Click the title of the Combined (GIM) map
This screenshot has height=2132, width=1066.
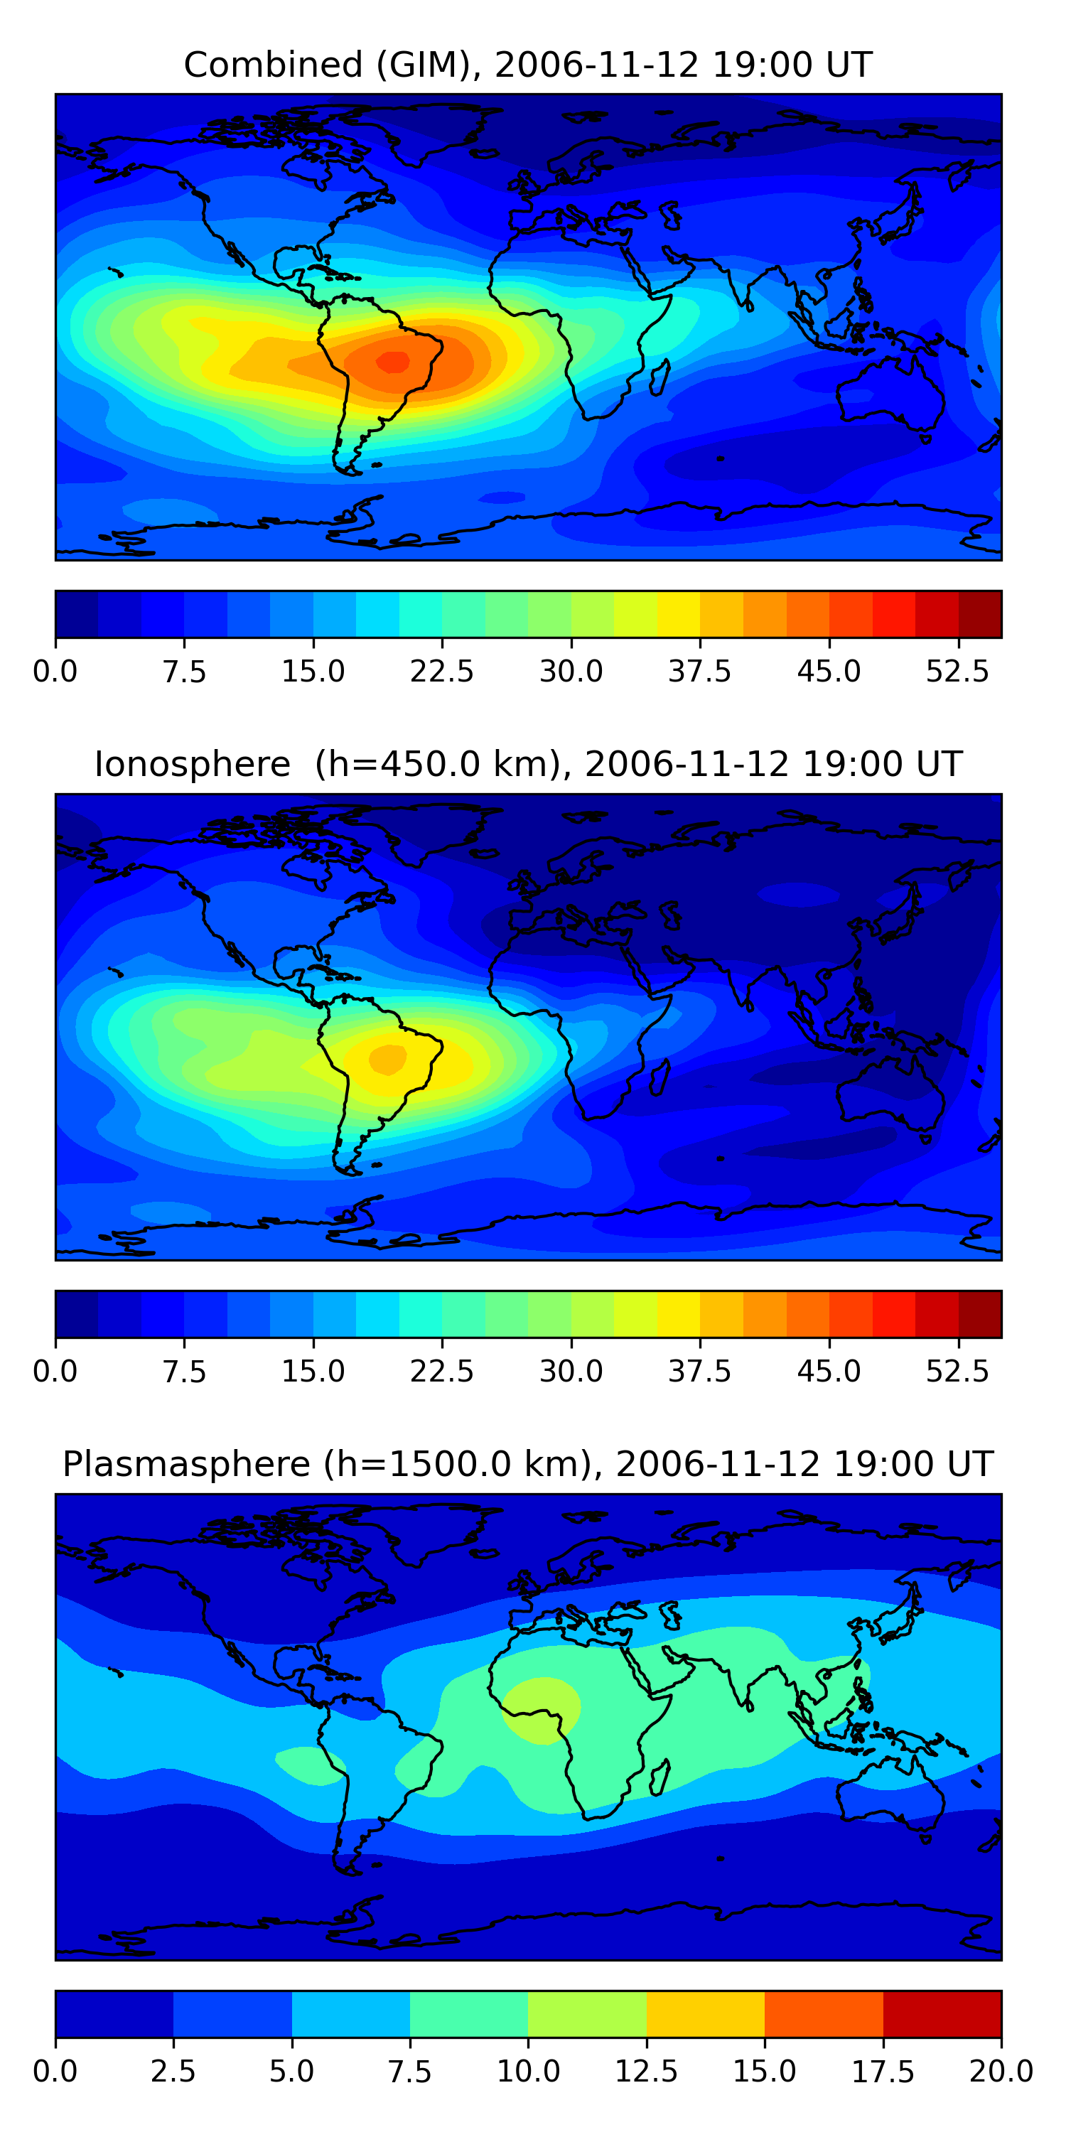[528, 65]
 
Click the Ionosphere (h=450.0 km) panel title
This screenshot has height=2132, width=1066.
[528, 764]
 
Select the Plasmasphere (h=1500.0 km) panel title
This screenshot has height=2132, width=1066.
[528, 1464]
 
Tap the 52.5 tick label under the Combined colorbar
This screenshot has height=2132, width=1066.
[957, 671]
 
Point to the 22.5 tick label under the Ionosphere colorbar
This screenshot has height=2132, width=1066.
[442, 1372]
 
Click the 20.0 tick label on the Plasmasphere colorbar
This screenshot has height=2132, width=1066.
[1001, 2072]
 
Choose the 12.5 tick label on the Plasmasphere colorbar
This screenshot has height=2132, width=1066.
[647, 2072]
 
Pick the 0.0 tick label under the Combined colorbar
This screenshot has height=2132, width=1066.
[55, 671]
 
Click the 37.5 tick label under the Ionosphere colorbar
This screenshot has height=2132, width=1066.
[700, 1372]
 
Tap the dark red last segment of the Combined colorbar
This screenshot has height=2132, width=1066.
[980, 614]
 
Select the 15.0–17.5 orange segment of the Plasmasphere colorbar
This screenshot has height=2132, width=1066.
[824, 2013]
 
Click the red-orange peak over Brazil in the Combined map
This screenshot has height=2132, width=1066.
[393, 362]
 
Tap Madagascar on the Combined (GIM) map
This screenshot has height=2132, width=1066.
[660, 377]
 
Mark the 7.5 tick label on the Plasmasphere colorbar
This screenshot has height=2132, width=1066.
[409, 2072]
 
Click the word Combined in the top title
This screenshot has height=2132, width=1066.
[273, 65]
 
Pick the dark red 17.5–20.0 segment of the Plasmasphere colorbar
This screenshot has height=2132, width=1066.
[942, 2013]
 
